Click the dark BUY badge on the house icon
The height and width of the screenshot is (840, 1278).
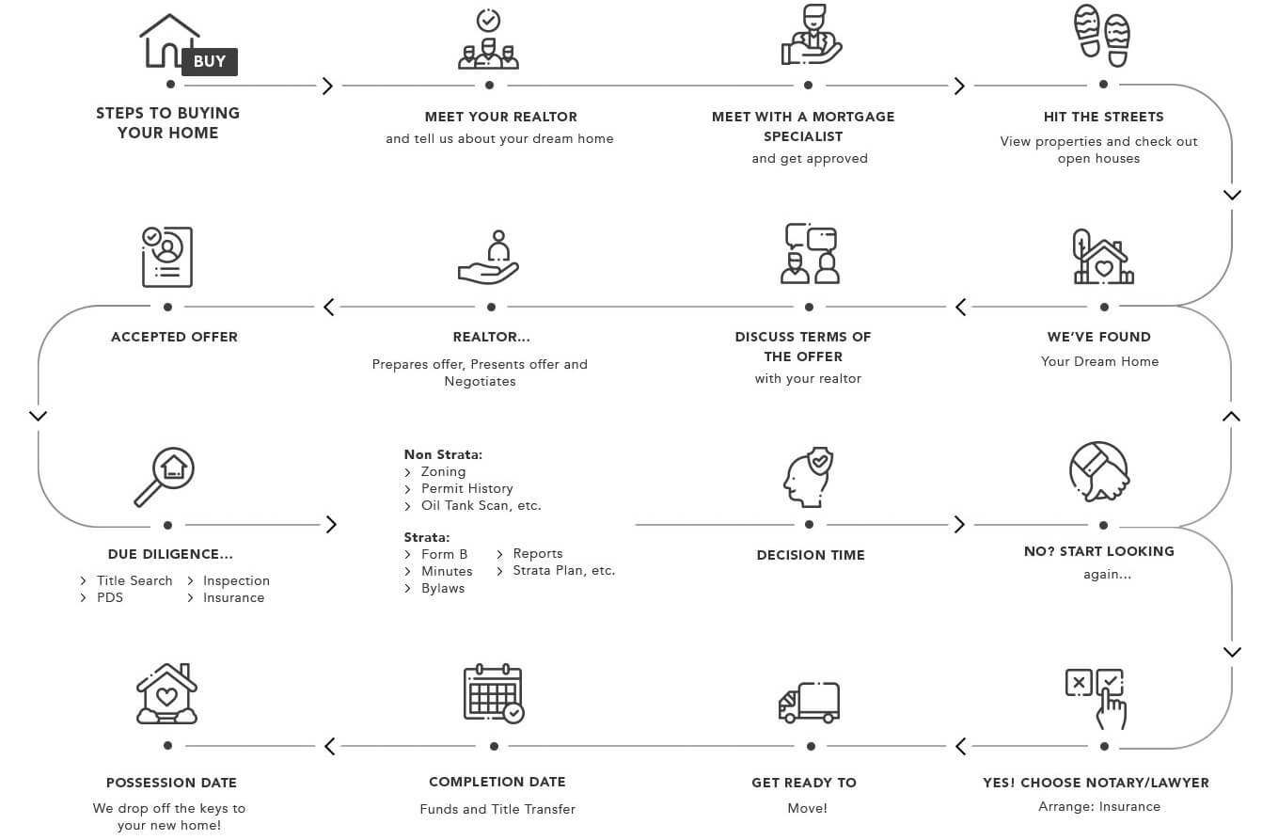[209, 62]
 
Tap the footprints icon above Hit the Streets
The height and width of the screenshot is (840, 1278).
[1101, 36]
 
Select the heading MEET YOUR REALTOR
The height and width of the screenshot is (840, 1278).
[500, 117]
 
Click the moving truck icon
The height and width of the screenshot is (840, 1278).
[809, 702]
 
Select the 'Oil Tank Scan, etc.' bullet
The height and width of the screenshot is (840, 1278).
[481, 506]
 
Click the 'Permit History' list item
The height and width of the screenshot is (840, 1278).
[466, 489]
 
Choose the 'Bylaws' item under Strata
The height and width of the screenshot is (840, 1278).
[443, 589]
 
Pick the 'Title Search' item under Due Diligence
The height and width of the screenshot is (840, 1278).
[134, 581]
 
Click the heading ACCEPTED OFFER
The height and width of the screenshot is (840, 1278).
[174, 337]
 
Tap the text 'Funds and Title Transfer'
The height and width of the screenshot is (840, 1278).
[497, 809]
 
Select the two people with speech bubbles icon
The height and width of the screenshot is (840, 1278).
[809, 253]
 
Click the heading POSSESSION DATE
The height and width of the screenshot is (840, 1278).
[171, 783]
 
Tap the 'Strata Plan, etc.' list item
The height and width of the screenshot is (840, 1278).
[563, 571]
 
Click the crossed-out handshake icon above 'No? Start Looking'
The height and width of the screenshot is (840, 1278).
[1099, 471]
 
